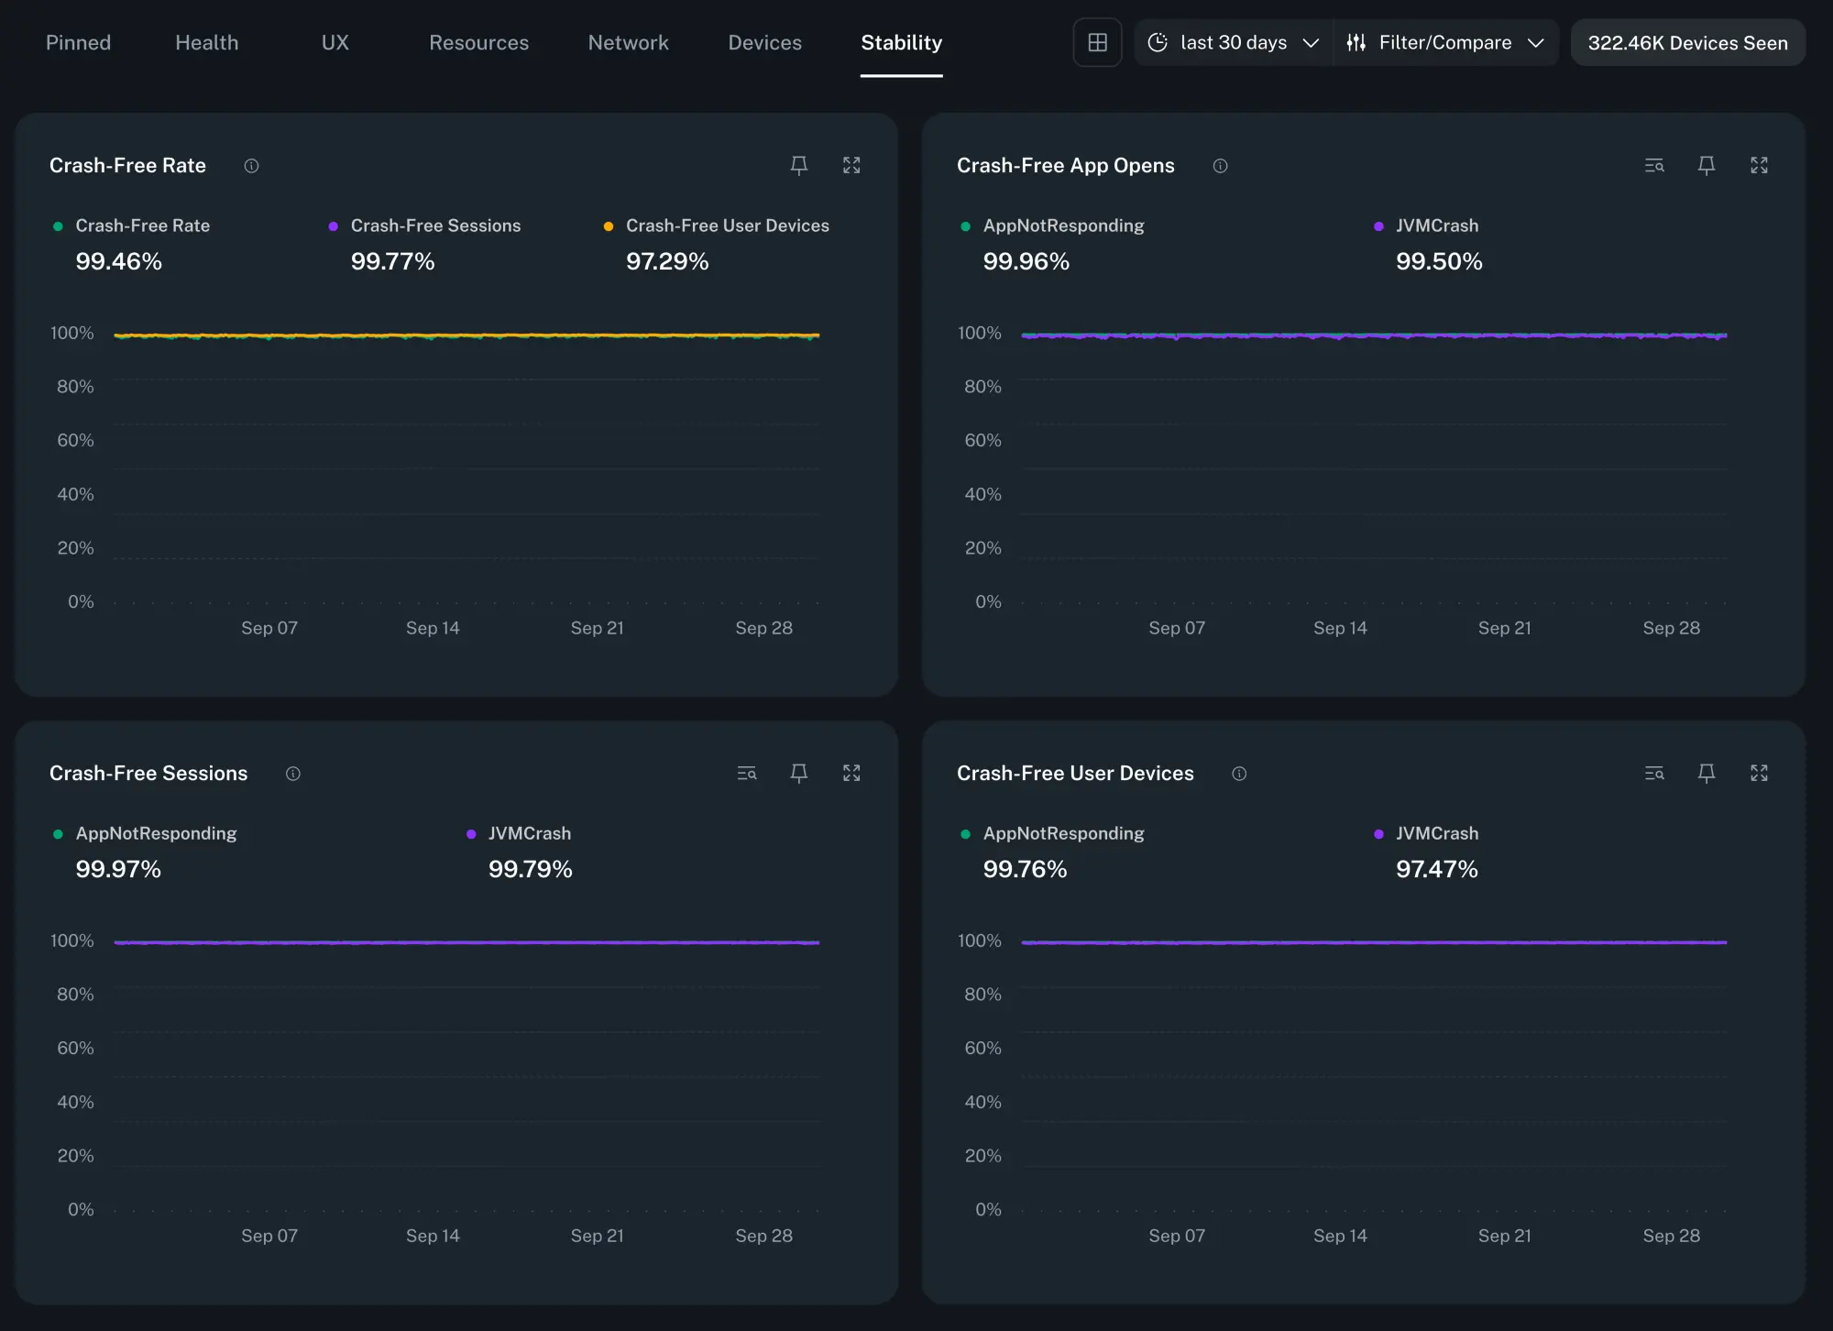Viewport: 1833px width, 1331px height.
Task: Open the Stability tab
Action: [901, 43]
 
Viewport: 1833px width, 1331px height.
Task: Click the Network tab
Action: [628, 43]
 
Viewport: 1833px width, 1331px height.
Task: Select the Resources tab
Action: [478, 43]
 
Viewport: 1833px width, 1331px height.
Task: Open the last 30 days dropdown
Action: [1233, 43]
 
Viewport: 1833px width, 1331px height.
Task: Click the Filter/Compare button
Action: [1444, 43]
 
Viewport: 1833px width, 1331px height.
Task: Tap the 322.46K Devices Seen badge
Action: [1686, 43]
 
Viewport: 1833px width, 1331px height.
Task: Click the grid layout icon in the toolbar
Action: [1097, 43]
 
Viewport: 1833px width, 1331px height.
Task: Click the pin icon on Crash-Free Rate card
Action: [798, 166]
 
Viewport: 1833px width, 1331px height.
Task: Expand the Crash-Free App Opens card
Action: [1758, 166]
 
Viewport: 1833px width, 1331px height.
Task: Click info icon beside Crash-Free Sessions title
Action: [292, 774]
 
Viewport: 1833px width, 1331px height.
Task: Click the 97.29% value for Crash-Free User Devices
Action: [666, 262]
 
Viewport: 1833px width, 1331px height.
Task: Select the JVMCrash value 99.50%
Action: [1438, 262]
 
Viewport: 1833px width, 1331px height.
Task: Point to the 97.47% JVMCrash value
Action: [1436, 870]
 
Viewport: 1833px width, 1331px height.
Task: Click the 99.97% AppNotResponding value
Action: [118, 870]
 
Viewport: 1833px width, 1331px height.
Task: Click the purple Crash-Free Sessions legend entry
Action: [434, 226]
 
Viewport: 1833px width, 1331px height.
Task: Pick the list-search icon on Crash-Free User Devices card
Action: [1653, 774]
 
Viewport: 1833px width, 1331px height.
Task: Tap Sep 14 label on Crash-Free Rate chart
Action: [433, 629]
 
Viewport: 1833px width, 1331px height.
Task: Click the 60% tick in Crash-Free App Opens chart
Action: [982, 441]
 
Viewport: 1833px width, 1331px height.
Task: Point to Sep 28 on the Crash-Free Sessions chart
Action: [763, 1237]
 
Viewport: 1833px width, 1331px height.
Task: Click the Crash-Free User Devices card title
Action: [1074, 774]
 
